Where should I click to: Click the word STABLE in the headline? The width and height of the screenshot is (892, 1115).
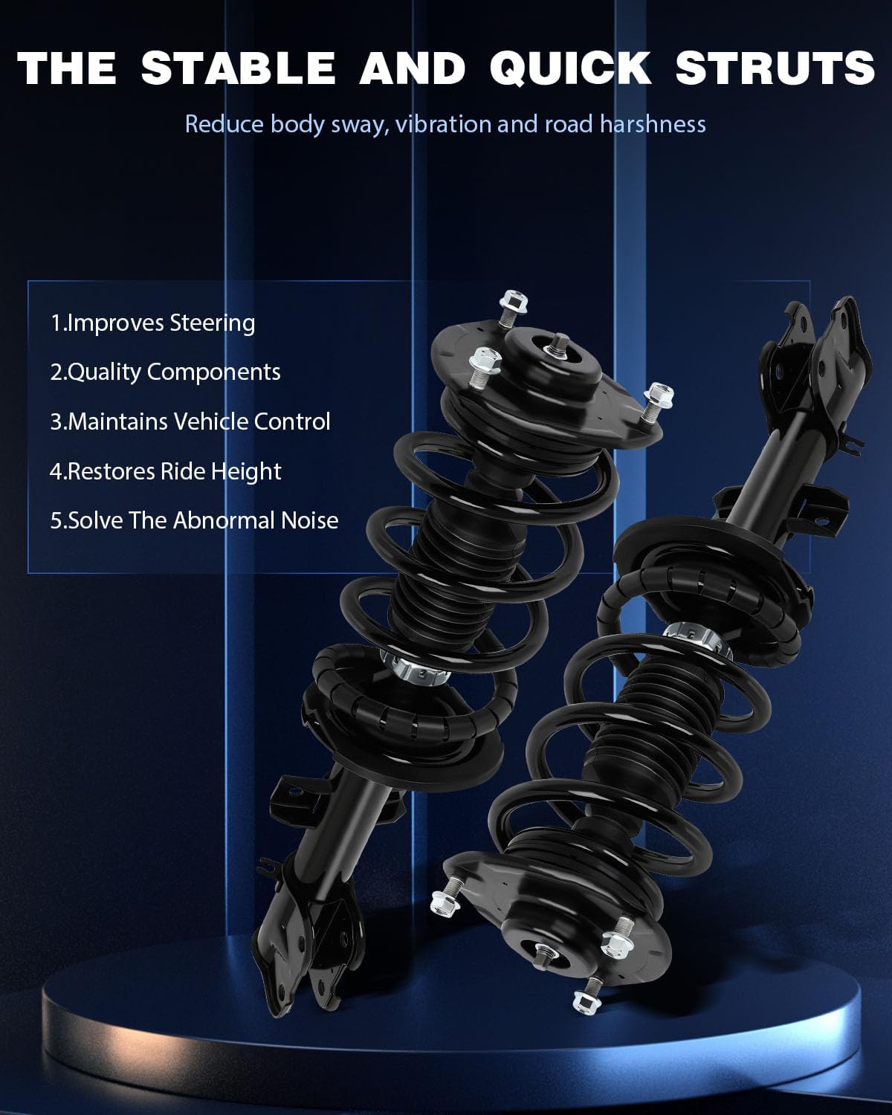239,68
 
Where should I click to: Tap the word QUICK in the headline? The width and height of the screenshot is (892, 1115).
570,68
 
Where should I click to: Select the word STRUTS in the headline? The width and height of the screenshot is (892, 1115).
775,68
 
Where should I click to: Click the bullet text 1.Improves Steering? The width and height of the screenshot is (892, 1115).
152,323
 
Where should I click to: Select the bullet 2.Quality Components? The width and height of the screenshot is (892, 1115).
165,372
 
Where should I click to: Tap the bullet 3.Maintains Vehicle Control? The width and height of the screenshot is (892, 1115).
190,421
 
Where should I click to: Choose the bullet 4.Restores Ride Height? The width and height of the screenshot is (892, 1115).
165,471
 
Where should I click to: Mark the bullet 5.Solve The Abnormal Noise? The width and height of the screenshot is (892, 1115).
194,520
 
